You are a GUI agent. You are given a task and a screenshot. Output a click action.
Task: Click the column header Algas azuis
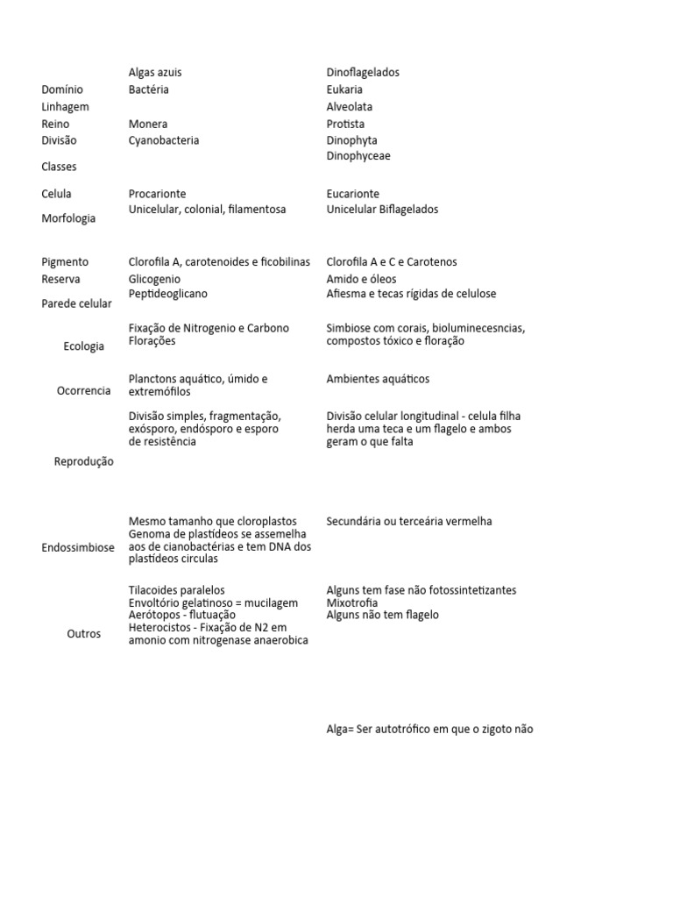[x=155, y=73]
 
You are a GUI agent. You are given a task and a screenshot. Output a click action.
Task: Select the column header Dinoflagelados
[x=363, y=73]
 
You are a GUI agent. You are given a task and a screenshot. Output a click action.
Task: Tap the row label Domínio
[x=62, y=89]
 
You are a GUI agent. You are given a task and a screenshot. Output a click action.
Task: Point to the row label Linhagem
[x=65, y=107]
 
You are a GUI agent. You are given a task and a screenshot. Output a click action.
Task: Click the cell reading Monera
[x=147, y=125]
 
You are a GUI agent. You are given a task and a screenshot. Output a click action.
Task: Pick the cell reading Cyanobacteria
[x=164, y=140]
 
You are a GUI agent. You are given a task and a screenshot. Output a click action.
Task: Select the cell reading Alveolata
[x=350, y=107]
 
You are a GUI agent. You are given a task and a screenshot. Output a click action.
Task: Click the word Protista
[x=345, y=125]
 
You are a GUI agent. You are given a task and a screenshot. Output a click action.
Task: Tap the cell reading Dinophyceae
[x=358, y=156]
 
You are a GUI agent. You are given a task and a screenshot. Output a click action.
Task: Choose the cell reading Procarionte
[x=157, y=194]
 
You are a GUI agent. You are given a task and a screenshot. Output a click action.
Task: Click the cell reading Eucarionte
[x=353, y=194]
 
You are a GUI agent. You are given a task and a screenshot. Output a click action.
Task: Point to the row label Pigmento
[x=65, y=262]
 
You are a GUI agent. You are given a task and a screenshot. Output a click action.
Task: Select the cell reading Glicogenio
[x=154, y=280]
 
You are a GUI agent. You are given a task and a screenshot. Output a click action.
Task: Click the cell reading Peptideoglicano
[x=168, y=294]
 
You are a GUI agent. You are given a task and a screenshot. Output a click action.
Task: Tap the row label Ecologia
[x=84, y=346]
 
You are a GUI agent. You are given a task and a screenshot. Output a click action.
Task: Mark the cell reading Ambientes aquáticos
[x=379, y=380]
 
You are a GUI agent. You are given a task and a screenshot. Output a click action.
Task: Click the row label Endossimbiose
[x=78, y=548]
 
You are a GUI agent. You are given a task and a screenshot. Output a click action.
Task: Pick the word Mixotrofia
[x=352, y=603]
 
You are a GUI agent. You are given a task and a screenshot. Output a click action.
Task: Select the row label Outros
[x=84, y=634]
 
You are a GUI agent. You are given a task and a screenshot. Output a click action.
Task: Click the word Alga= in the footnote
[x=340, y=730]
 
